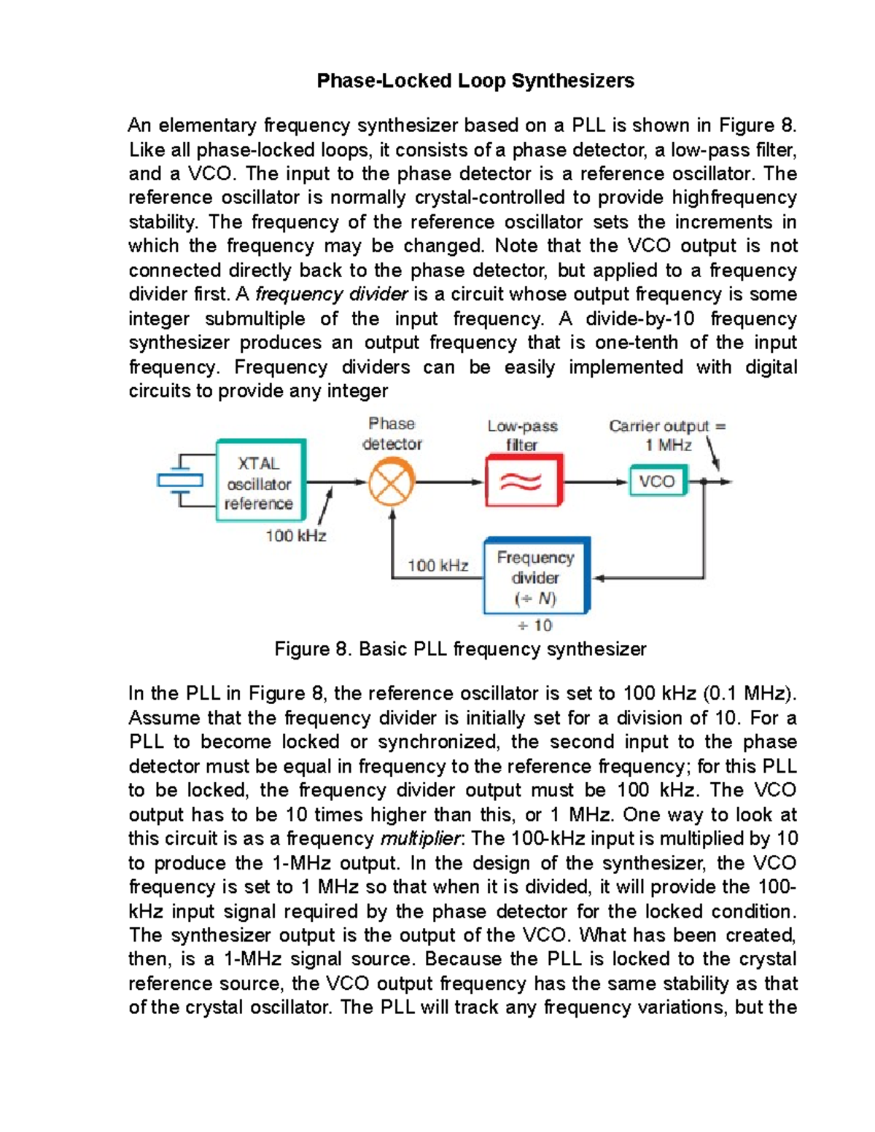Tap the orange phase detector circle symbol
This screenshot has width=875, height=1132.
pos(392,482)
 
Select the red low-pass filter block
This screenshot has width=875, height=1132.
pos(524,481)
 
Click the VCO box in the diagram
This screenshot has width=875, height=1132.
pos(657,481)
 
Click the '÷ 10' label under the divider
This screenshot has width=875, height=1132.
pos(535,625)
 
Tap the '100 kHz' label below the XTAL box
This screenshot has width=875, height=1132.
pos(295,536)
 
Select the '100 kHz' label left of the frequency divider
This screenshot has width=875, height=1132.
pos(437,566)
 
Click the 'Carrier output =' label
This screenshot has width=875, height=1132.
pos(667,426)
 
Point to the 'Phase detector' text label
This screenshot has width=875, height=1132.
pos(392,434)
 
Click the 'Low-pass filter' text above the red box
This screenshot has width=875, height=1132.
pos(522,435)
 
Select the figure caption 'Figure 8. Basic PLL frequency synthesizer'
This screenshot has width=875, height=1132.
pos(460,649)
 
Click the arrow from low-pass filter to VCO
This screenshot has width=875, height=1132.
pos(596,482)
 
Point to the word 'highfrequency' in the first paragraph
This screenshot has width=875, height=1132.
pos(734,198)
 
